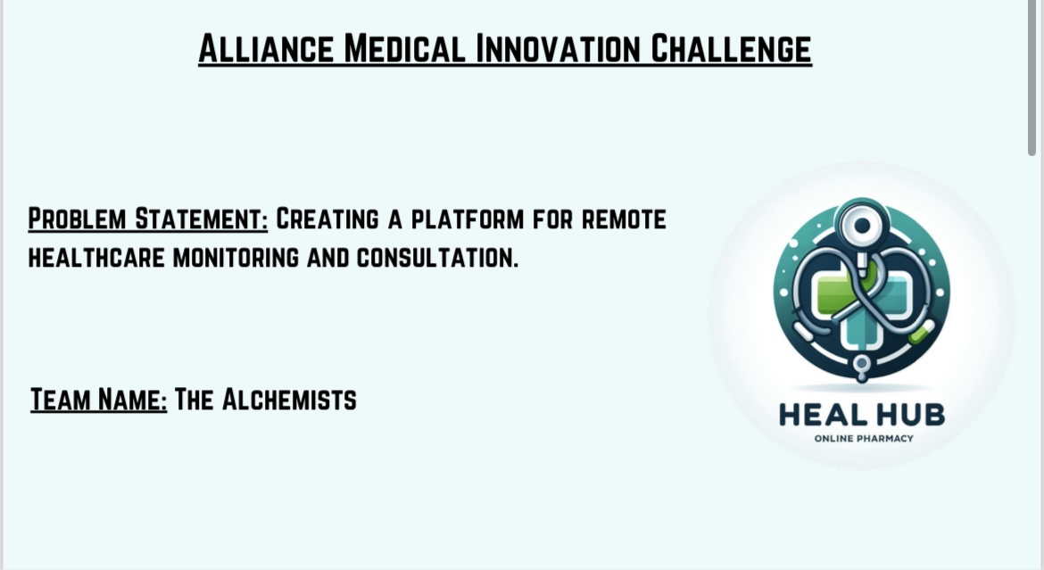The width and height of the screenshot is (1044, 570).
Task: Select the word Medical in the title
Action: [405, 48]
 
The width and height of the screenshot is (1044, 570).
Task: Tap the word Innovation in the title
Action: [558, 48]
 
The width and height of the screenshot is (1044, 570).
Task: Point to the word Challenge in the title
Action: [731, 48]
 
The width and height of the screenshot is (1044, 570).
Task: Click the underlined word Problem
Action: [78, 219]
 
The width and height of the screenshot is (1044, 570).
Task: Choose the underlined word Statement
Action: [201, 219]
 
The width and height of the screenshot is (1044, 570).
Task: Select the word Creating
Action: [327, 219]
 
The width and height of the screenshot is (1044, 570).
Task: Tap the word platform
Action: [468, 219]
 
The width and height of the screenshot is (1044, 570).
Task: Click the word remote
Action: [624, 219]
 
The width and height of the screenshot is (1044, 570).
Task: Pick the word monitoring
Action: [236, 258]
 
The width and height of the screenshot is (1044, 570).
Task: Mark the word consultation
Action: [437, 258]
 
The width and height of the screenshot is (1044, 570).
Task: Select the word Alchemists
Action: [289, 400]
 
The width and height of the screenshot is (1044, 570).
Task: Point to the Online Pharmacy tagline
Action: [864, 438]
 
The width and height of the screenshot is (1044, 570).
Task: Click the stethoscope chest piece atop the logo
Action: [862, 226]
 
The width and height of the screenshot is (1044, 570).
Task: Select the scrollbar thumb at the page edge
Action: [1032, 78]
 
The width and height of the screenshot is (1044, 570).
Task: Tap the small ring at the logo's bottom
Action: [862, 364]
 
